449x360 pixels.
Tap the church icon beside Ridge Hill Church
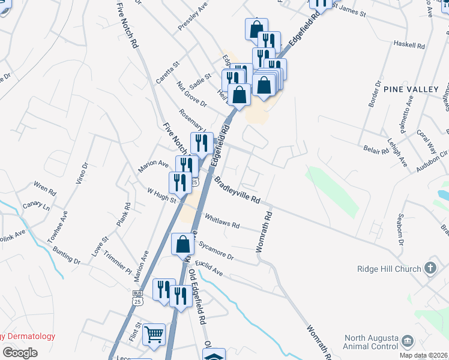coord(430,268)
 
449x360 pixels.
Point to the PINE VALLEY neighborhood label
coord(417,89)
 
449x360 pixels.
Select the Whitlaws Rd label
coord(222,221)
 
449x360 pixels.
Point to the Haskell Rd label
coord(409,44)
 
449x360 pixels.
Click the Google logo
coord(20,352)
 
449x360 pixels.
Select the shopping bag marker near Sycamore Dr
coord(183,244)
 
